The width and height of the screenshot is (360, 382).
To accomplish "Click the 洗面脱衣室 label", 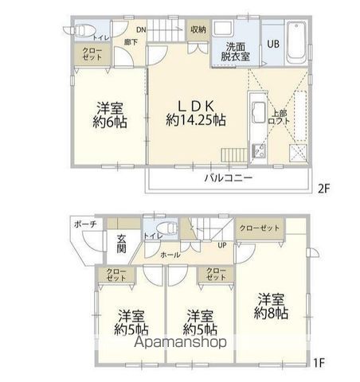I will [236, 50].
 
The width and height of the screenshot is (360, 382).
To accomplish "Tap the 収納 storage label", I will [198, 29].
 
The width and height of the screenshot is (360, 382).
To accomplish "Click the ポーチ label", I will [87, 224].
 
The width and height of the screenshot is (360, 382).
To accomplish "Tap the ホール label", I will [170, 255].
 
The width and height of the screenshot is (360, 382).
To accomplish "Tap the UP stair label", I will [222, 245].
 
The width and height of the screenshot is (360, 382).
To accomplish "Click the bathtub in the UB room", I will [295, 41].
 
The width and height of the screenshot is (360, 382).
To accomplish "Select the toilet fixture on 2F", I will [79, 33].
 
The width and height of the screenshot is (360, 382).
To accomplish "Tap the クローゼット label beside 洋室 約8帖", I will [260, 228].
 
